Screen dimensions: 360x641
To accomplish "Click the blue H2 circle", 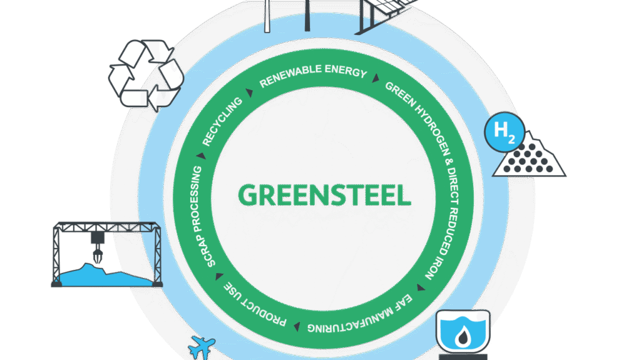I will click(x=501, y=131).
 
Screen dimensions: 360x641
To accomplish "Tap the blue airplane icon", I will click(x=201, y=345).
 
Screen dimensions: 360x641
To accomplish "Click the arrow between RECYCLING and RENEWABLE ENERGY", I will click(x=249, y=93).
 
